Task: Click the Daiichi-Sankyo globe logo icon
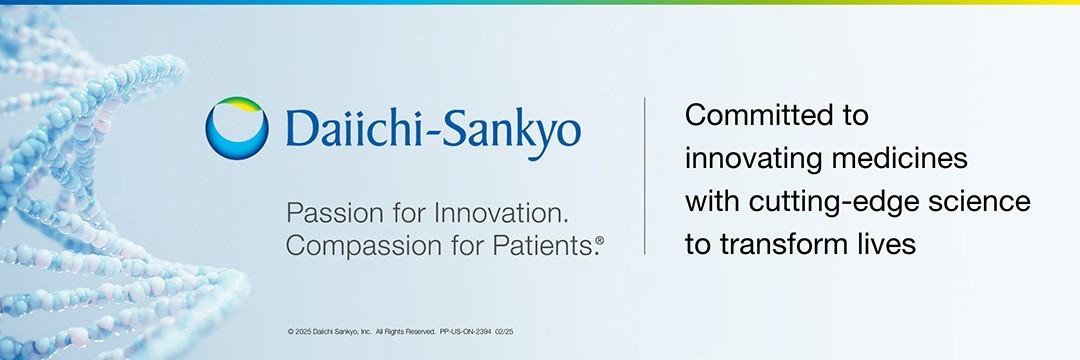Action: click(x=237, y=128)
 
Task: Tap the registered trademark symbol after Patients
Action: click(x=600, y=240)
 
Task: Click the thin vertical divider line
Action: click(x=645, y=176)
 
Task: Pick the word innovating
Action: click(x=753, y=159)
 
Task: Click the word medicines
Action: click(x=900, y=158)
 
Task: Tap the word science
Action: click(x=976, y=202)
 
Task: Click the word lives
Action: click(x=891, y=244)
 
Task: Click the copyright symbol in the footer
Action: click(x=291, y=332)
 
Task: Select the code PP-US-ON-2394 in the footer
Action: click(x=466, y=332)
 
